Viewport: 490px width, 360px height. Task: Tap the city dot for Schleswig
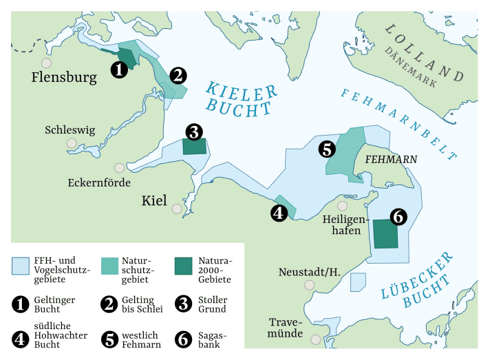(72, 143)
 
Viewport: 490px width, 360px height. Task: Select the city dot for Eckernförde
(120, 167)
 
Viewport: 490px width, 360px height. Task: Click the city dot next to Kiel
(178, 209)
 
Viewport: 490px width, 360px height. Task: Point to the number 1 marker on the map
(118, 69)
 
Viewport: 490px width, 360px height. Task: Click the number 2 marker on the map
(178, 76)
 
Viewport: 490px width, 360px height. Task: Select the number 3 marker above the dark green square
(193, 131)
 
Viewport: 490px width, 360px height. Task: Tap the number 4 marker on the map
(279, 213)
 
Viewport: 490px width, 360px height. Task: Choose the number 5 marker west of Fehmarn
(326, 148)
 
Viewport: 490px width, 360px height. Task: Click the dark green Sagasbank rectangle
(385, 234)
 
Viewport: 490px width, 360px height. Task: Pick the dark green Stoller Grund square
(194, 147)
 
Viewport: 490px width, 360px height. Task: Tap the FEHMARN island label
(391, 159)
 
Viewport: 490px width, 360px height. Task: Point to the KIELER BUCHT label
(241, 100)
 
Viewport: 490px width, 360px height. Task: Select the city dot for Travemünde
(316, 339)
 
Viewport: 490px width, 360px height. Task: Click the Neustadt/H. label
(310, 272)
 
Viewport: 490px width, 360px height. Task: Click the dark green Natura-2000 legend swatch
(183, 266)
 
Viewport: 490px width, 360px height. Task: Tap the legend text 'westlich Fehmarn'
(142, 339)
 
